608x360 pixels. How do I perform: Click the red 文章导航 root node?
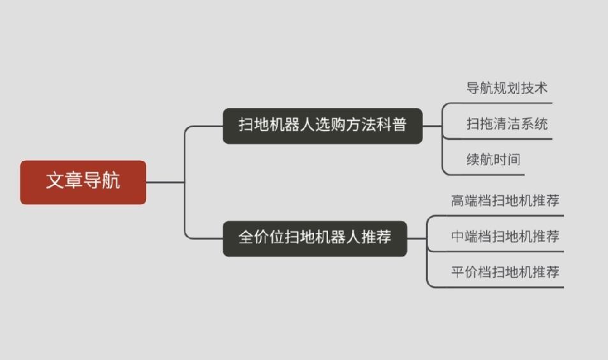pos(83,182)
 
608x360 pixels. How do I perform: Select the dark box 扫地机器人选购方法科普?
pos(322,125)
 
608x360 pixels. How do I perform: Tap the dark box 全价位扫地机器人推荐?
pos(315,238)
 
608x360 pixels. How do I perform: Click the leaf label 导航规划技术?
pos(507,88)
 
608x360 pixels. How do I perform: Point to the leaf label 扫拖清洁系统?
pos(507,124)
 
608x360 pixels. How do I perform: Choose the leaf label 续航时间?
pos(493,160)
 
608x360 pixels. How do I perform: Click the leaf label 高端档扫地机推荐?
pos(505,200)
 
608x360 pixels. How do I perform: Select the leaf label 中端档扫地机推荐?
pos(505,236)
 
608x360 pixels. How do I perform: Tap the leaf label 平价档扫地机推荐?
pos(505,272)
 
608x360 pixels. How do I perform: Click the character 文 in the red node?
pos(55,181)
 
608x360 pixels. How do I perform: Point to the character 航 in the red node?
pos(111,181)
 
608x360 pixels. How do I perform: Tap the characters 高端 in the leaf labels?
pos(466,200)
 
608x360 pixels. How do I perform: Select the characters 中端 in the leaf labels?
pos(466,236)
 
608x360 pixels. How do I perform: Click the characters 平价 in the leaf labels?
pos(466,272)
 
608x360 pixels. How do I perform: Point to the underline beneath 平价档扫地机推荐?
pos(504,287)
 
